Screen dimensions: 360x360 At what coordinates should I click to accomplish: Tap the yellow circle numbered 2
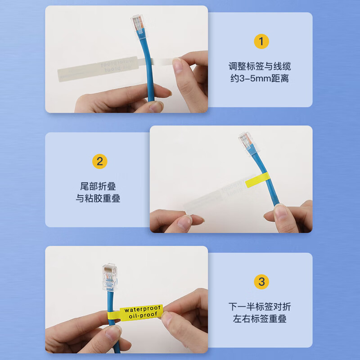pyautogui.click(x=99, y=161)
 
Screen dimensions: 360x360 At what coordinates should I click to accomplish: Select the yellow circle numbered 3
pyautogui.click(x=261, y=282)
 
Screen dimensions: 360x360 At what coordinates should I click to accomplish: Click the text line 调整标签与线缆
pyautogui.click(x=260, y=67)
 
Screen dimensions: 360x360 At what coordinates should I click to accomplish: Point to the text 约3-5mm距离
pyautogui.click(x=260, y=79)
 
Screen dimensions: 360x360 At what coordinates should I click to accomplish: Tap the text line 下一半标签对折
pyautogui.click(x=260, y=307)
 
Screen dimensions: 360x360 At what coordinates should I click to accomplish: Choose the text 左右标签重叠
pyautogui.click(x=260, y=319)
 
